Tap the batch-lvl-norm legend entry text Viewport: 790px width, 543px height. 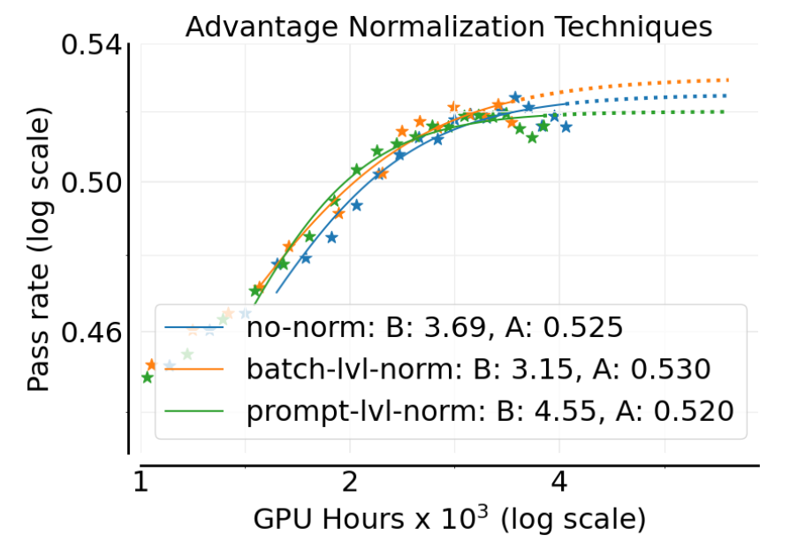(x=478, y=368)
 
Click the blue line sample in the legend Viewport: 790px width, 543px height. (x=198, y=327)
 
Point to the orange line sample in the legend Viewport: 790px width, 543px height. (x=198, y=368)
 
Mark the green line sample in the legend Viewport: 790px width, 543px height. (x=198, y=409)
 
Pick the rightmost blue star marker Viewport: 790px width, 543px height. (x=566, y=127)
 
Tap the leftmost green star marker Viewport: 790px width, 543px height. (x=148, y=378)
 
